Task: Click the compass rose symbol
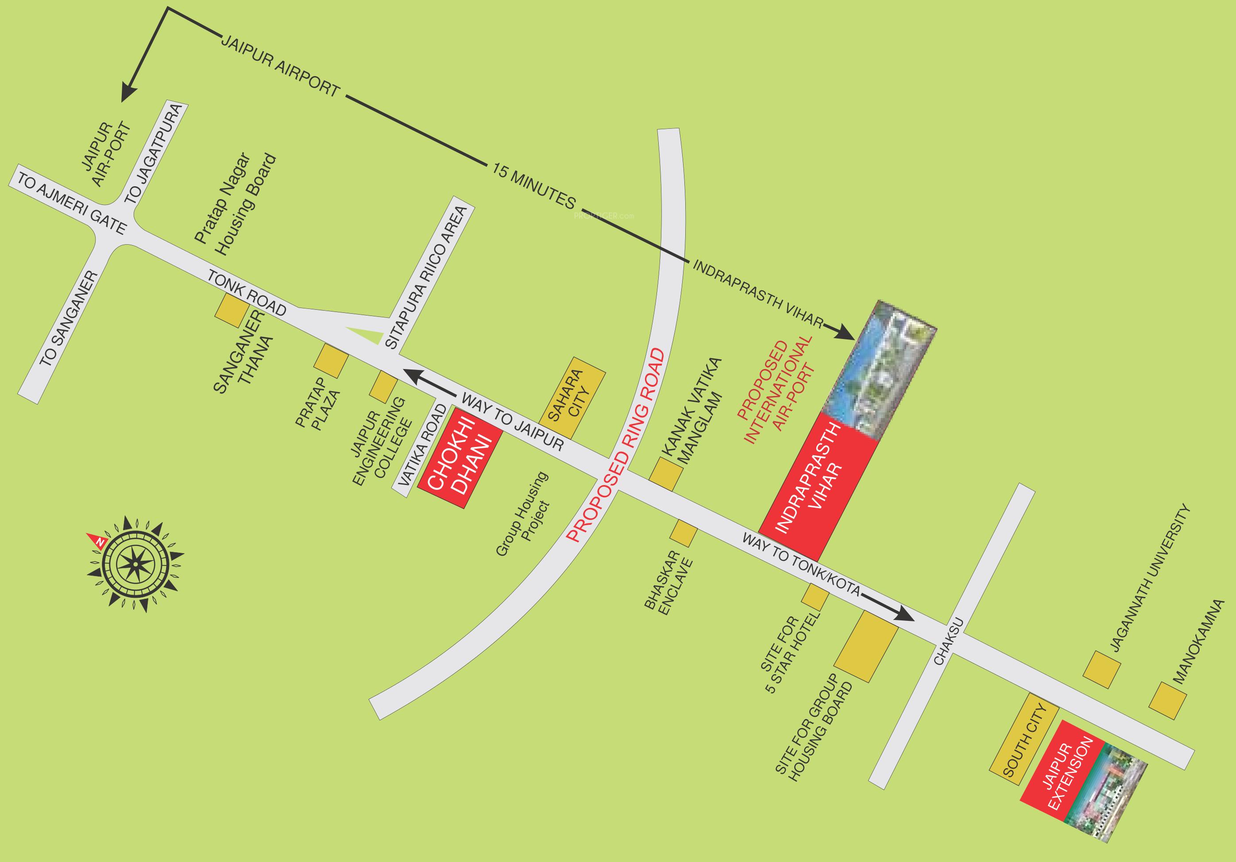click(135, 563)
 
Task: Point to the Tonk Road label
click(247, 294)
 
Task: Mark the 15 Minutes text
click(533, 186)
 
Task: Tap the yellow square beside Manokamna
click(1168, 700)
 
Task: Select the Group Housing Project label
click(523, 513)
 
